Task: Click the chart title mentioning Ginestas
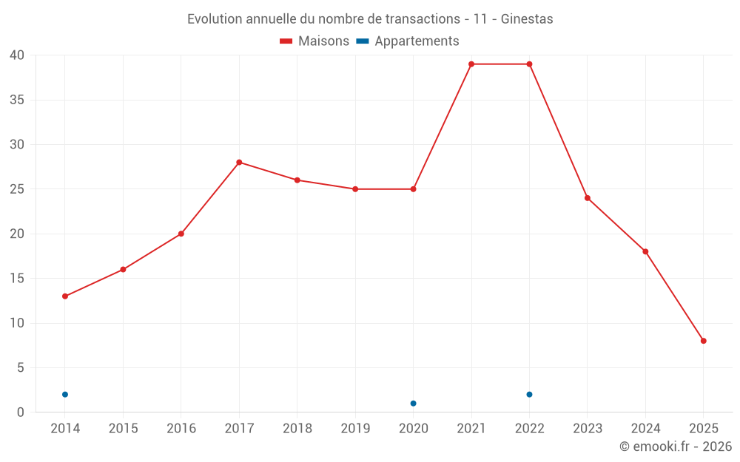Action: pos(370,19)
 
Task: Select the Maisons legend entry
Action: pos(314,41)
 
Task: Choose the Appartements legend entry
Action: pos(408,41)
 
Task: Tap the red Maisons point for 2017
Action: pos(239,163)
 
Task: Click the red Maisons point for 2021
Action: pos(471,64)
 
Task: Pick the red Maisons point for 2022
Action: pos(529,64)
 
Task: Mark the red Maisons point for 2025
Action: pos(703,341)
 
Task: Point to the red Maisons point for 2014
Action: pos(65,296)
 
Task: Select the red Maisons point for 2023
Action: pos(588,198)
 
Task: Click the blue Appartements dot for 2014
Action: pos(65,395)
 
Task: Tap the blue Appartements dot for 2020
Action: pos(413,404)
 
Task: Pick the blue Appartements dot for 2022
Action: pos(529,395)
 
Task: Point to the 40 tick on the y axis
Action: pos(17,55)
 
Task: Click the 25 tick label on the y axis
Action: pos(17,189)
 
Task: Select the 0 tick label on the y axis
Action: pos(21,412)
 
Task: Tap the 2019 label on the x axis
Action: pos(355,429)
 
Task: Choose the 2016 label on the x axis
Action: pos(181,429)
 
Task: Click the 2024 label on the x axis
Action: pos(645,429)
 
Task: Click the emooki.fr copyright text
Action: pos(676,446)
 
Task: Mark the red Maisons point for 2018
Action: pos(297,180)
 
